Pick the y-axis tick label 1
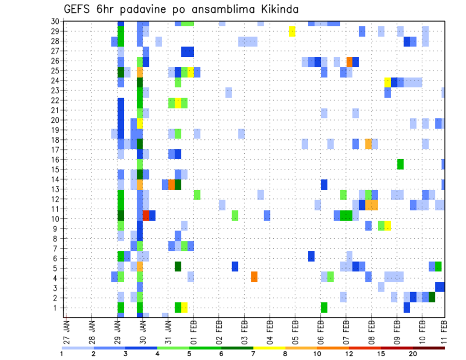pyautogui.click(x=57, y=308)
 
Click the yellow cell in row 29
pyautogui.click(x=292, y=31)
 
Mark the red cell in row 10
pyautogui.click(x=146, y=215)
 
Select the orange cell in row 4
pyautogui.click(x=254, y=277)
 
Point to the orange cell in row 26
pyautogui.click(x=349, y=62)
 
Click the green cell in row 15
pyautogui.click(x=400, y=164)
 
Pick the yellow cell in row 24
pyautogui.click(x=387, y=82)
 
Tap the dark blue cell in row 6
pyautogui.click(x=311, y=256)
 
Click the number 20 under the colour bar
pyautogui.click(x=413, y=354)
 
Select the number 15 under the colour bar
pyautogui.click(x=382, y=354)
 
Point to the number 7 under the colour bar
pyautogui.click(x=253, y=354)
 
